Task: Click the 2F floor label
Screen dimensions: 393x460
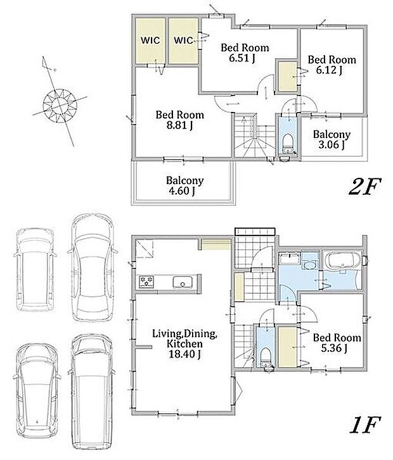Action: point(364,187)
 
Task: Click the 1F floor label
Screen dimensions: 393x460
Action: point(365,425)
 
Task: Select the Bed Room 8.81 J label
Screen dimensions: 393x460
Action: point(179,120)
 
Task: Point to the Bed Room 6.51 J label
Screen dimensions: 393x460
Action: point(245,53)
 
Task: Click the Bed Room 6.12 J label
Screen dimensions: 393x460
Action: point(332,65)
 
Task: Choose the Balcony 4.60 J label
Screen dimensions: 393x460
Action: point(184,185)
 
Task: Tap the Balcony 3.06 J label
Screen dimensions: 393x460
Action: point(332,139)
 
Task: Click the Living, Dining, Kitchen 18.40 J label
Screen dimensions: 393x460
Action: point(184,344)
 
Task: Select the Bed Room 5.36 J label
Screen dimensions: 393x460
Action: point(337,343)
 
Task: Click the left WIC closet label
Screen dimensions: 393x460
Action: point(150,40)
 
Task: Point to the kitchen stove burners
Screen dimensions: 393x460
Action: point(146,282)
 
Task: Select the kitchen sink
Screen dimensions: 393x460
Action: point(183,282)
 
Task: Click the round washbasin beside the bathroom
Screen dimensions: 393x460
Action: point(310,265)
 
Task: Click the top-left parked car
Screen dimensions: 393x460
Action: point(35,270)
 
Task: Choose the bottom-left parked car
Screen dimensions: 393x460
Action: point(37,391)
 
